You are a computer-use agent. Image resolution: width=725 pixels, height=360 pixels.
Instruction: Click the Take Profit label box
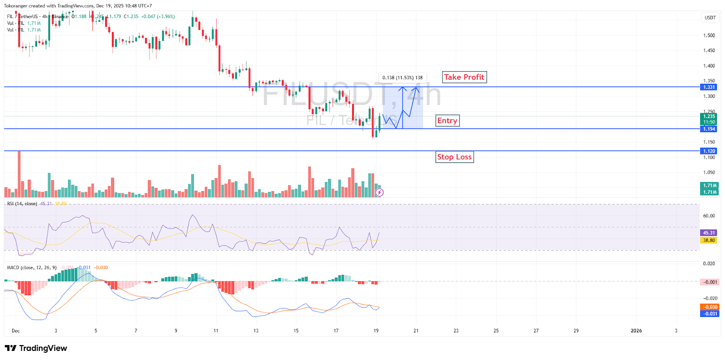tap(464, 77)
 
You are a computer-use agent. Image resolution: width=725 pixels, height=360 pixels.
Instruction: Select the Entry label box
tap(447, 120)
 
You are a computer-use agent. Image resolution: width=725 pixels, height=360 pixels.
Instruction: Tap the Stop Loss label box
tap(454, 157)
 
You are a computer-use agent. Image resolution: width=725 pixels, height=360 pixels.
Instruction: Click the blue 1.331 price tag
tap(709, 87)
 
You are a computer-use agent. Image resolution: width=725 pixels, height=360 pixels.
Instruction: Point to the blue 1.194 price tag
tap(709, 129)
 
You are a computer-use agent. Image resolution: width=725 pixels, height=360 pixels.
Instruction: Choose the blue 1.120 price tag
tap(709, 151)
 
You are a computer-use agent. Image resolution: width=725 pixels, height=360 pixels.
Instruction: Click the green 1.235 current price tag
tap(709, 116)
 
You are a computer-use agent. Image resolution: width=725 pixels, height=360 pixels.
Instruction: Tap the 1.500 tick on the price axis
tap(709, 35)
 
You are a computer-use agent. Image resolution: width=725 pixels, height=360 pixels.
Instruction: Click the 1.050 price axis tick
tap(709, 173)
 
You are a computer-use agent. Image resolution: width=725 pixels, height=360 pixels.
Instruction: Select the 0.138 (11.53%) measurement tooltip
tap(402, 77)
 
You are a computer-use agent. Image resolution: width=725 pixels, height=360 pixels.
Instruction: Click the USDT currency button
tap(710, 18)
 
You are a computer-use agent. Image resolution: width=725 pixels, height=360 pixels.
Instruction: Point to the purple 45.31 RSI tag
tap(709, 233)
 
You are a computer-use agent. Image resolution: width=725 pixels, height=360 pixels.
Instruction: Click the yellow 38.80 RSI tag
tap(709, 240)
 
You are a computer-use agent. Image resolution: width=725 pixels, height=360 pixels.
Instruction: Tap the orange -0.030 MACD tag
tap(710, 307)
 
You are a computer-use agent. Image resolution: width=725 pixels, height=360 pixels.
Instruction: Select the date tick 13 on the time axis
tap(256, 331)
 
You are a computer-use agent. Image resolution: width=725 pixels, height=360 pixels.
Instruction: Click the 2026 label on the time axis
tap(636, 331)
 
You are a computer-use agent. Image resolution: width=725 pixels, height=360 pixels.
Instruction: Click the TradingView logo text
tap(36, 348)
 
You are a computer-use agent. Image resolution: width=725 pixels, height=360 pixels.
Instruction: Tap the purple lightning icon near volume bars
tap(380, 192)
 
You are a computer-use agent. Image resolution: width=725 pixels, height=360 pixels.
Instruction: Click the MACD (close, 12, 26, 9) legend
tap(32, 268)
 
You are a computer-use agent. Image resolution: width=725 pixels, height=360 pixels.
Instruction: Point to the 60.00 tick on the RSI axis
tap(709, 216)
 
